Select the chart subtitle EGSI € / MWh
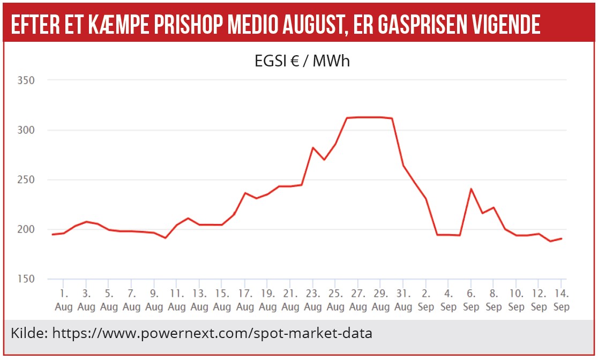(302, 61)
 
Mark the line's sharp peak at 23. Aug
(313, 147)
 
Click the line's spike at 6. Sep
(471, 189)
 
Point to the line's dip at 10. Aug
(166, 237)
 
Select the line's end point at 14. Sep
(561, 238)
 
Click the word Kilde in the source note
(27, 333)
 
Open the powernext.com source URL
(212, 333)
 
